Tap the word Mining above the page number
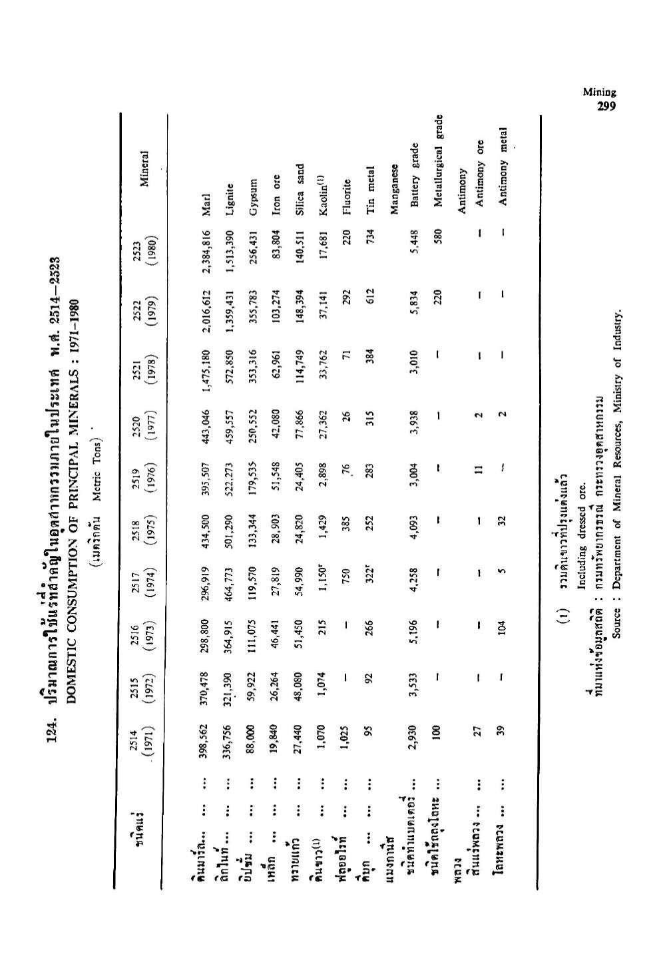600,94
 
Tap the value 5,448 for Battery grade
415,237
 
